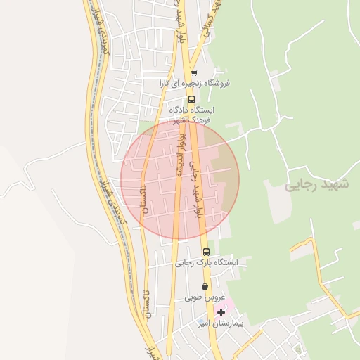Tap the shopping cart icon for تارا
point(194,72)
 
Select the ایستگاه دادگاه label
point(192,110)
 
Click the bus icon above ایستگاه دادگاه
point(192,99)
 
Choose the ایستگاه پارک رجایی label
point(207,262)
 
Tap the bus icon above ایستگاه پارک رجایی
point(205,252)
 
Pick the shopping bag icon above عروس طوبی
point(205,286)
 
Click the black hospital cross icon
point(221,311)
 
